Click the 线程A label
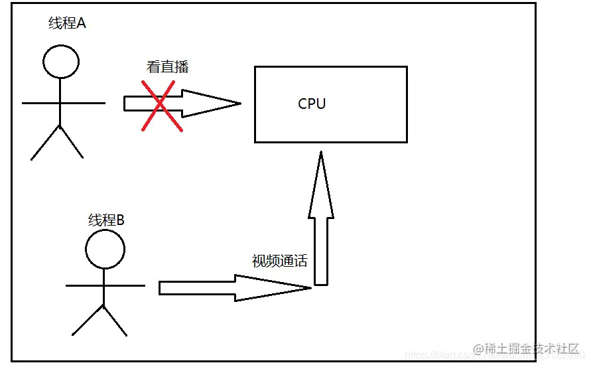coord(67,24)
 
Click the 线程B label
coord(106,220)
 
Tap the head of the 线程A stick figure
coord(60,62)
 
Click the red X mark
coord(162,106)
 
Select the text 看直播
coord(167,67)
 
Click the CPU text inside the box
coord(312,104)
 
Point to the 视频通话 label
coord(279,261)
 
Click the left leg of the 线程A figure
coord(45,142)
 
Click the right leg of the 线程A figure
coord(72,142)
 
